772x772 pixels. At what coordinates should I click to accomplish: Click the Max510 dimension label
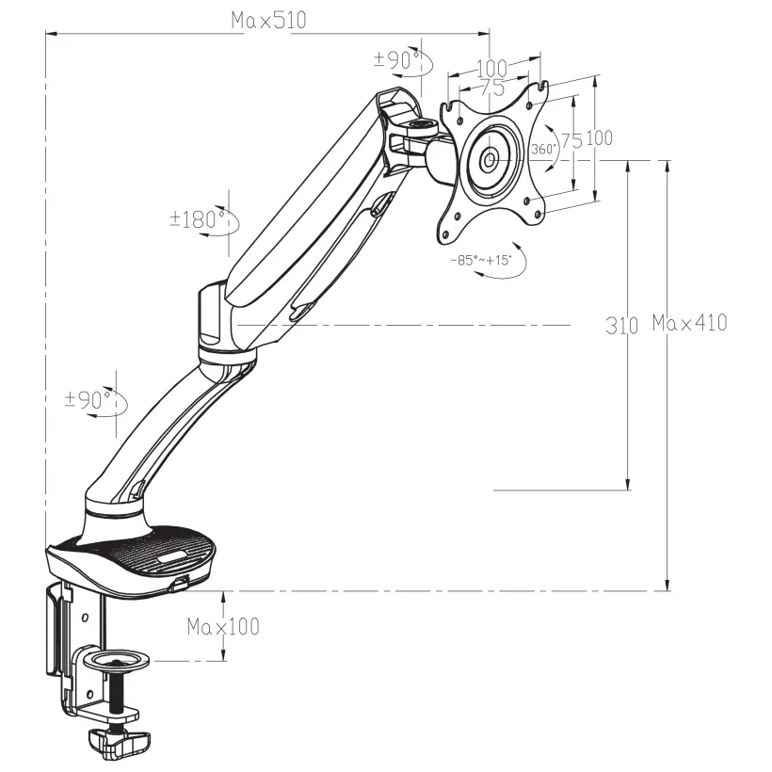[268, 21]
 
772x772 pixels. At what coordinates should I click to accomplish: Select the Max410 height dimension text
[689, 323]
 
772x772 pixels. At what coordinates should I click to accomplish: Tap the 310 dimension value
[622, 326]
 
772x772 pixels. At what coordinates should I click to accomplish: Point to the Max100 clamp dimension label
[223, 626]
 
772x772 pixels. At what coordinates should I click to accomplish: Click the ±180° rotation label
[197, 219]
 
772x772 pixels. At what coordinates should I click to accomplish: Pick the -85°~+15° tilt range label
[487, 260]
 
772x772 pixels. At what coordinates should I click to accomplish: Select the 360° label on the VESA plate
[543, 150]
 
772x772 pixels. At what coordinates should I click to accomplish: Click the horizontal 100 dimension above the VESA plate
[491, 68]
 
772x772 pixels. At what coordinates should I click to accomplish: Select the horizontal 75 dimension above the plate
[491, 87]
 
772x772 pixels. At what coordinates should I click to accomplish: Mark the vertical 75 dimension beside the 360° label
[571, 141]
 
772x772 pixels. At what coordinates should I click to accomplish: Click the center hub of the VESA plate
[491, 159]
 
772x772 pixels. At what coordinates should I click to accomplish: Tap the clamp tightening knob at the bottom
[121, 741]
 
